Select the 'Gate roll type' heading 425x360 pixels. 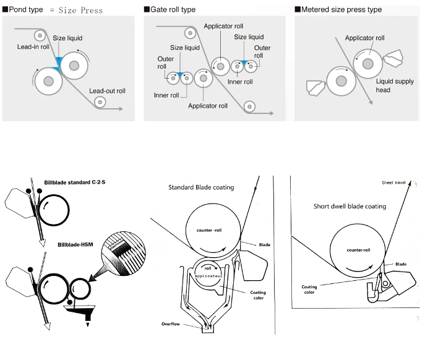pos(173,10)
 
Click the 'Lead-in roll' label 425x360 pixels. pos(33,47)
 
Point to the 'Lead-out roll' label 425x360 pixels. pos(107,91)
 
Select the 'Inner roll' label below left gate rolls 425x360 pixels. pos(166,95)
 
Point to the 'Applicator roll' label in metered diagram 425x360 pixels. pos(364,38)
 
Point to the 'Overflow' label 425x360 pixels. pos(172,323)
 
